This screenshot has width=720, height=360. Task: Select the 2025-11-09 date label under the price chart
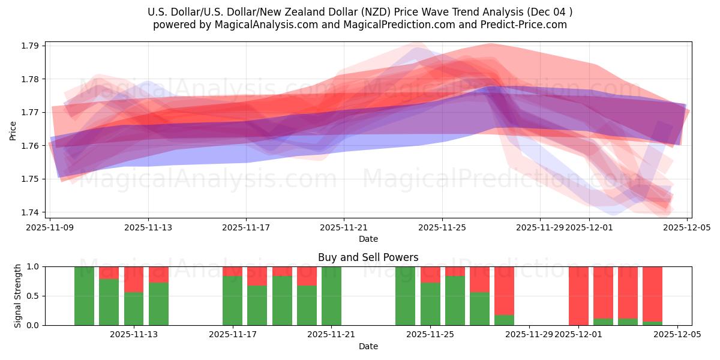click(50, 227)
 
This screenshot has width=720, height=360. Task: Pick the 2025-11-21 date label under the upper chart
click(344, 227)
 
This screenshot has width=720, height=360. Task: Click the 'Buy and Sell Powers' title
click(368, 257)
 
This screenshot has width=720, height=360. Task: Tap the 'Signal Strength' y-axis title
click(18, 296)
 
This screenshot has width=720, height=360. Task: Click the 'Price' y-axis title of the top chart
click(13, 130)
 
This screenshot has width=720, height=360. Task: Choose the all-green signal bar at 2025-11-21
click(331, 296)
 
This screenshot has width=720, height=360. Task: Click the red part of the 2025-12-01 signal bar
click(578, 294)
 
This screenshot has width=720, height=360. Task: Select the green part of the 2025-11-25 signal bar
click(430, 304)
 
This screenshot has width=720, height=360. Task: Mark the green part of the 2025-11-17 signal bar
click(232, 300)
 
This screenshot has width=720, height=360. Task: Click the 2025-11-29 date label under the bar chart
click(529, 335)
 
